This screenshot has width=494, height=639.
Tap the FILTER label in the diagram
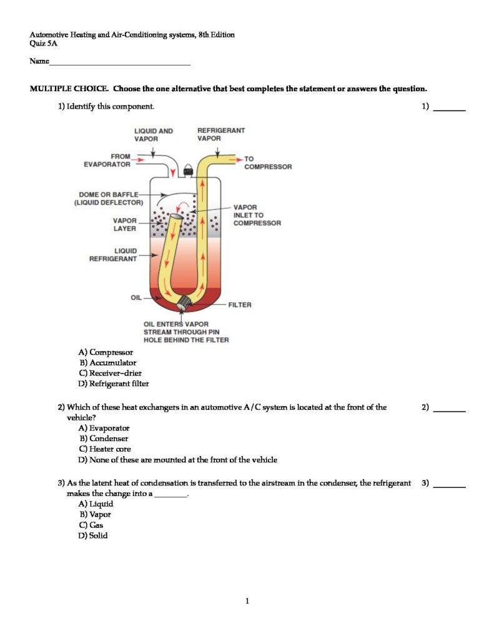[240, 305]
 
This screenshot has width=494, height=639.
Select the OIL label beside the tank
[136, 297]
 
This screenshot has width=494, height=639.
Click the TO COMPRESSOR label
[267, 163]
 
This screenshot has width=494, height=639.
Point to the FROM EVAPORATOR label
[107, 160]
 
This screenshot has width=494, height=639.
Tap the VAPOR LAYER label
[124, 224]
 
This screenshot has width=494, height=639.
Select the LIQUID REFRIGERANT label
[113, 255]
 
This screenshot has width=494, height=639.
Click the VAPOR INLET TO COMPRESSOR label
[257, 215]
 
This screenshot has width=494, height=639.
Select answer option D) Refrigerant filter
[114, 384]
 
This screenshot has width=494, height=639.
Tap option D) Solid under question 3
[93, 535]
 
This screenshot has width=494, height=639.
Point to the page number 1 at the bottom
[247, 601]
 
